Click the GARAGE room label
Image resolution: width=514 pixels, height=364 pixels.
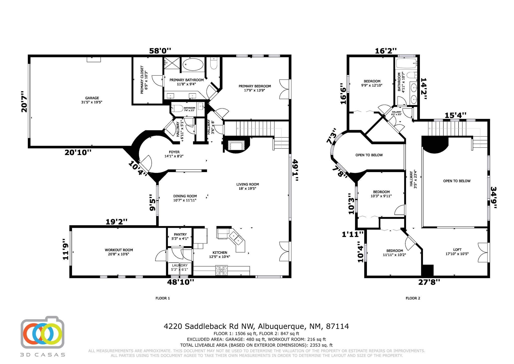tap(92, 98)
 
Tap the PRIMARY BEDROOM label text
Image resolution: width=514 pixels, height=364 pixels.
tap(255, 86)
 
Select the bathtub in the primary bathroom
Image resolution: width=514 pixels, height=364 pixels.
tap(193, 65)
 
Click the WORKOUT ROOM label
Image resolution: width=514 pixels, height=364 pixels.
tap(119, 250)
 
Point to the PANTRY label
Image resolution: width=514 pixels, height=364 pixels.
tap(180, 234)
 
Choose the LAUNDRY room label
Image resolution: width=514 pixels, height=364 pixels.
tap(180, 265)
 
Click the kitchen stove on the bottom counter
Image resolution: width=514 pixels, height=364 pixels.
tap(221, 270)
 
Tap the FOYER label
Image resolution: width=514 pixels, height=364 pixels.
tap(174, 152)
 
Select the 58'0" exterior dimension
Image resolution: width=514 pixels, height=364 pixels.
tap(160, 51)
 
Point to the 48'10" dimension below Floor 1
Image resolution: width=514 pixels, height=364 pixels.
tap(181, 282)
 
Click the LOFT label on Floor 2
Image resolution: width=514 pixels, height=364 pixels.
tap(457, 249)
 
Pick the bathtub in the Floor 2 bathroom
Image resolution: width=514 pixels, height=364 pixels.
tap(406, 63)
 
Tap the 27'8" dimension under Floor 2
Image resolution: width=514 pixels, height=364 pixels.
tap(429, 282)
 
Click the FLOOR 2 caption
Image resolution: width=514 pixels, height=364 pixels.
tap(413, 298)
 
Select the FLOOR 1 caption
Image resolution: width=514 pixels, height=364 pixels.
tap(163, 298)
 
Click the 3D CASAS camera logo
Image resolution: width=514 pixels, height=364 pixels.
tap(42, 332)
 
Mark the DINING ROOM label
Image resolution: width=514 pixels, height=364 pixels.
tap(185, 196)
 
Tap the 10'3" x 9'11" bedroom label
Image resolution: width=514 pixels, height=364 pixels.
tap(381, 196)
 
